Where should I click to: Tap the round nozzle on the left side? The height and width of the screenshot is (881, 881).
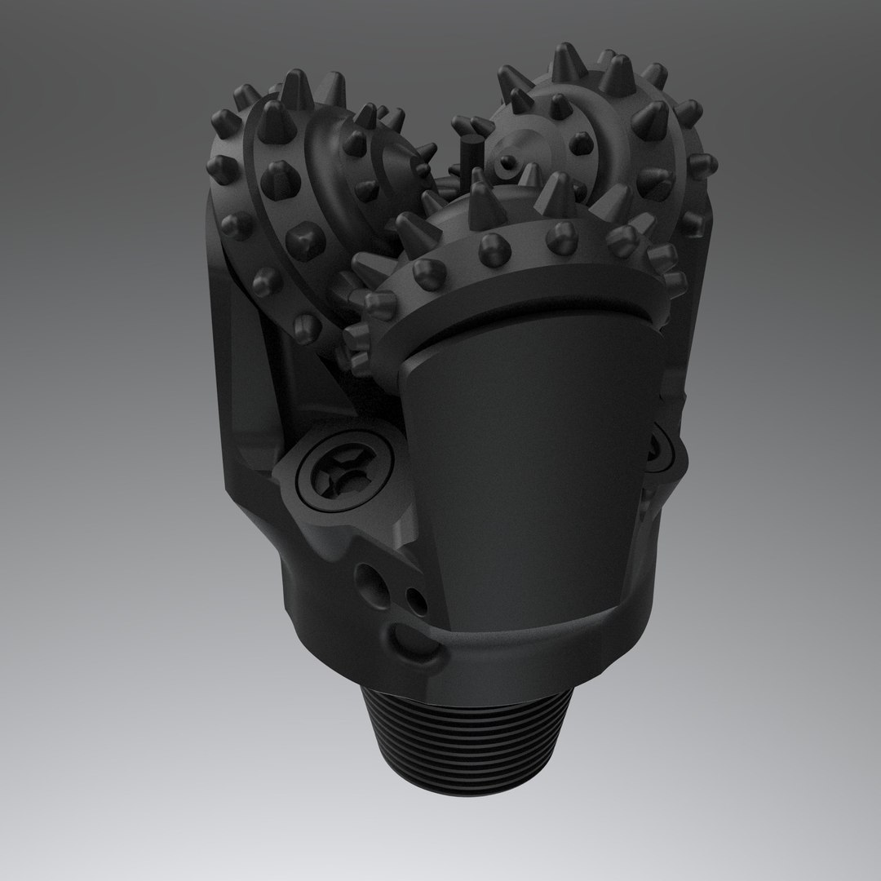pyautogui.click(x=336, y=482)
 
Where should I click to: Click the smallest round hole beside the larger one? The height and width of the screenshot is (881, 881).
pyautogui.click(x=417, y=601)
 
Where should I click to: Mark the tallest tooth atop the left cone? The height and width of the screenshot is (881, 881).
pyautogui.click(x=298, y=88)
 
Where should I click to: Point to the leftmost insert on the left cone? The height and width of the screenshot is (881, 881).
pyautogui.click(x=218, y=170)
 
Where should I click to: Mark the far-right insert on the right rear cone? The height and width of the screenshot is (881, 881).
pyautogui.click(x=701, y=166)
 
